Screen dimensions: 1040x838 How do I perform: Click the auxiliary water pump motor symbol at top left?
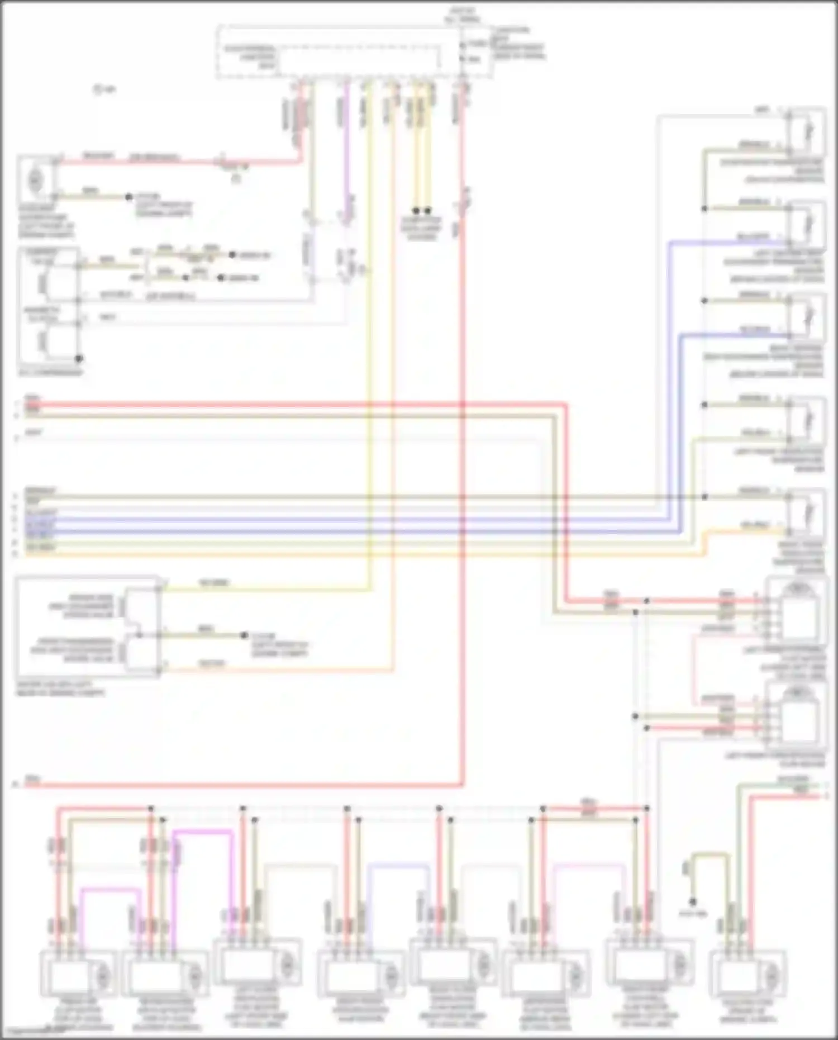point(35,179)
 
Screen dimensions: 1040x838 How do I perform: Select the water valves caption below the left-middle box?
point(60,688)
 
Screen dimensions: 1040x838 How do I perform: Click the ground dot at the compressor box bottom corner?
point(79,358)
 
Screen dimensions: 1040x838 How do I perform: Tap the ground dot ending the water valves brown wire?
point(244,635)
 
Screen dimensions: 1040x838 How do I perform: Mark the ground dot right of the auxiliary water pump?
point(128,197)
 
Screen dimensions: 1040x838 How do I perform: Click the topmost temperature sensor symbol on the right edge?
point(807,132)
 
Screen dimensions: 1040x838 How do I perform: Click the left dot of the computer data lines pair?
point(416,211)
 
